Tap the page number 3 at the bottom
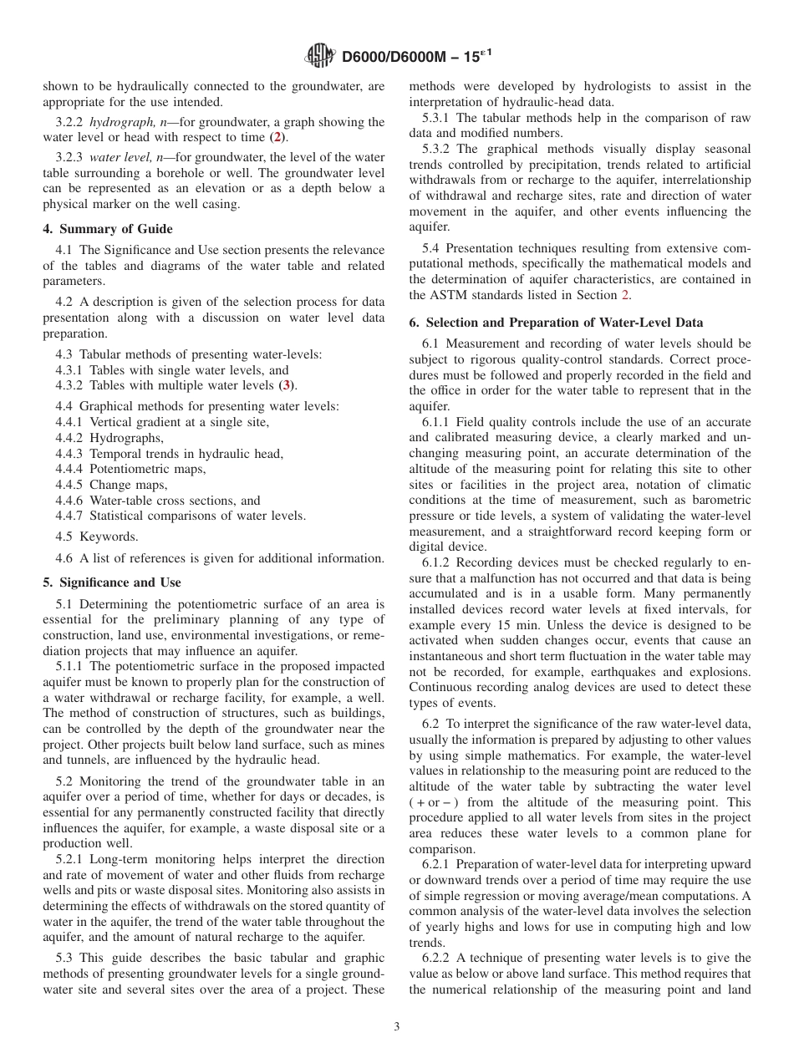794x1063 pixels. (397, 1026)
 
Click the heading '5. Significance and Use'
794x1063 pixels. (111, 582)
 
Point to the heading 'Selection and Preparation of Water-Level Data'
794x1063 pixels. (564, 323)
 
